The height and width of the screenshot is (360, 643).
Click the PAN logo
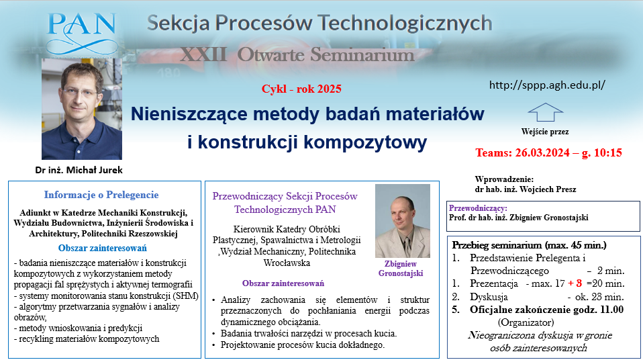(82, 34)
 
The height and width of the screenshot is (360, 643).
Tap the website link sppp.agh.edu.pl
(547, 85)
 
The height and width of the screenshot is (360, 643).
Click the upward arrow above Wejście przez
(546, 112)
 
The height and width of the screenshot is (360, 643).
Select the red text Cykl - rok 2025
(301, 89)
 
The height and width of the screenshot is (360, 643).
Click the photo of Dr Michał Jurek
(82, 109)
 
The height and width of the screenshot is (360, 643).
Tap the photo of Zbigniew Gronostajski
(403, 221)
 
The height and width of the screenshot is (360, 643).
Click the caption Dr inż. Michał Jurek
(79, 170)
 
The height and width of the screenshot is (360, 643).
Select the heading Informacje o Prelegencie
(101, 195)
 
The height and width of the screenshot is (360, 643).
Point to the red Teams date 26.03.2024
(542, 152)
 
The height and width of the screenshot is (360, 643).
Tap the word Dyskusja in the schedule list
(489, 297)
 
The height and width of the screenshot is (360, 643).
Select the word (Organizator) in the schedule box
(526, 322)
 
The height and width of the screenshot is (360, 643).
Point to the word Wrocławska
(287, 263)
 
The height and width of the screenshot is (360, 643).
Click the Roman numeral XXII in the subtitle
(203, 54)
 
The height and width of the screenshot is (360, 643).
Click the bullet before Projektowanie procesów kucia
(213, 345)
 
